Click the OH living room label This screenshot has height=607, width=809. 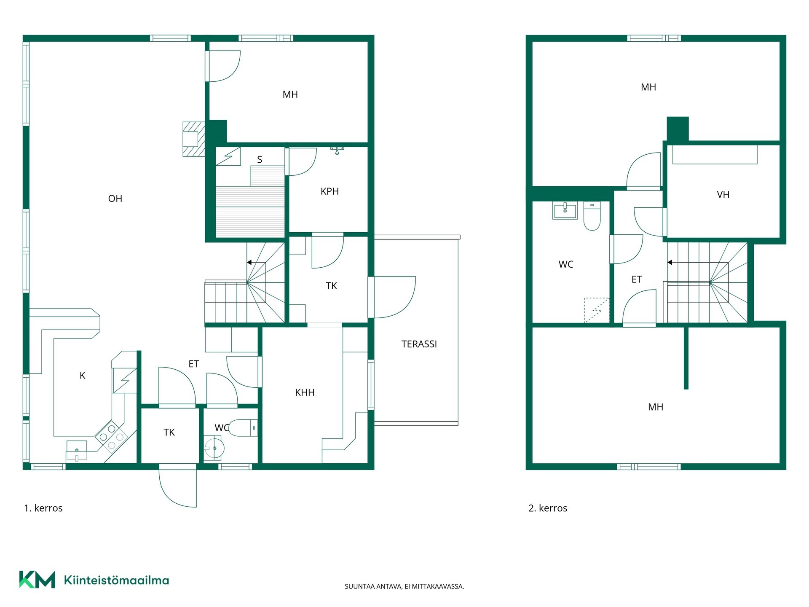point(115,199)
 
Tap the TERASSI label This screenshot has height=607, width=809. point(419,344)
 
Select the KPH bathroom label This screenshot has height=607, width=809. point(329,191)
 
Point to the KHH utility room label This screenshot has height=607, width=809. point(305,392)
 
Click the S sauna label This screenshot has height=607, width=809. point(260,159)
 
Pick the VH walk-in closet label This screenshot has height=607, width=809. point(723,194)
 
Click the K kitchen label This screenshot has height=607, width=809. point(83,375)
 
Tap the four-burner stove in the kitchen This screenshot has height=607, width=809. point(111,437)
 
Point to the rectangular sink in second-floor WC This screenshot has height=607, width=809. point(565,211)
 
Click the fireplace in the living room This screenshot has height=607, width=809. point(194,139)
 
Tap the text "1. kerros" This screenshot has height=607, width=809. point(43,508)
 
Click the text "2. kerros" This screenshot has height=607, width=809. point(548,508)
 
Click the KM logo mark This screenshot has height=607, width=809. point(37,580)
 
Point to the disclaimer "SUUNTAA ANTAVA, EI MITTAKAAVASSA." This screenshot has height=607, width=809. point(404,586)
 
